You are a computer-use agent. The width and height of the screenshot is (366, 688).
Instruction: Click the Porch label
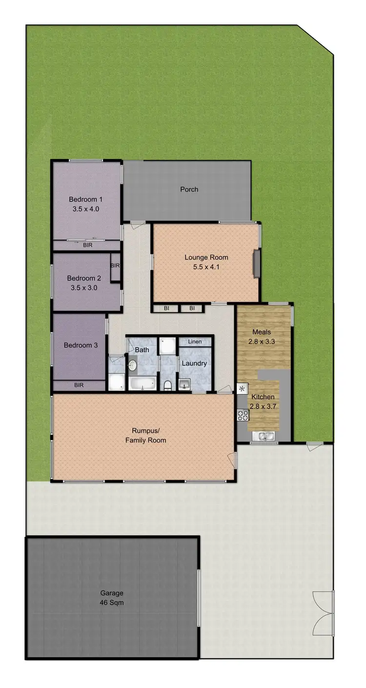point(189,189)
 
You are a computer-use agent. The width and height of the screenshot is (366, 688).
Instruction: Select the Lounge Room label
point(206,258)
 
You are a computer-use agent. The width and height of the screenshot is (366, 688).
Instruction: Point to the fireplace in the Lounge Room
point(256,264)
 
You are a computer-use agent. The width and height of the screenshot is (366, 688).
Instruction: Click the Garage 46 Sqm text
point(112,598)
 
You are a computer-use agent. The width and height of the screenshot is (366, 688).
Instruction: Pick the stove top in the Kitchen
point(243,415)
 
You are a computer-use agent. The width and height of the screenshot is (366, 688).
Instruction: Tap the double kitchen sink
point(264,436)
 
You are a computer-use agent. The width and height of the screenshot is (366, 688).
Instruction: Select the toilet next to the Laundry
point(168,385)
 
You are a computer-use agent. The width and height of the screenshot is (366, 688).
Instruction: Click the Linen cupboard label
point(195,342)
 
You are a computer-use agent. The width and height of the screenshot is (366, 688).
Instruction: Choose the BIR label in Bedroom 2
point(115,266)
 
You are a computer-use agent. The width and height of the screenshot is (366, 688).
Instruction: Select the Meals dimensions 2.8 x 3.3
point(264,342)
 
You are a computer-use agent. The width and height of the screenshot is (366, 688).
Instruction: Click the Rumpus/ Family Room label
point(145,435)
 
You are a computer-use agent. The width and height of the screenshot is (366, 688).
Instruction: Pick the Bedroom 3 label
point(81,345)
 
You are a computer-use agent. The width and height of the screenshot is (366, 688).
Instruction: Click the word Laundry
point(194,364)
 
